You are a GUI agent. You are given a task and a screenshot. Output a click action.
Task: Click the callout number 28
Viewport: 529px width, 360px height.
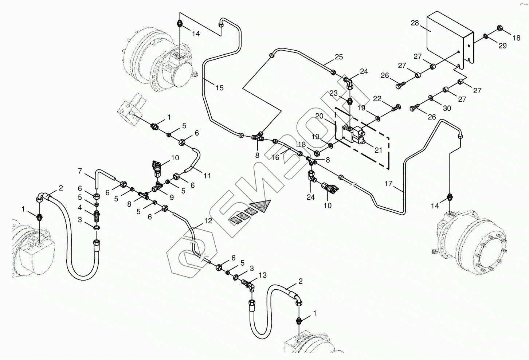point(415,23)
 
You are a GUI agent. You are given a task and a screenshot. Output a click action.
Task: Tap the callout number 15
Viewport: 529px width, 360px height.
point(219,88)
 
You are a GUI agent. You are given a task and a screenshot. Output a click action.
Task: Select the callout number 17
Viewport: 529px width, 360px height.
point(388,184)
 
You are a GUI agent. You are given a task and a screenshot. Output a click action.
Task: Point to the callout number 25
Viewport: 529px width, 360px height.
point(339,57)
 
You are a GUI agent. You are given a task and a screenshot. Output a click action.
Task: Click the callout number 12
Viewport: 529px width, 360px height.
point(208,220)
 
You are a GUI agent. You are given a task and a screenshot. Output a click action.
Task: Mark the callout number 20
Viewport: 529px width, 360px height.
point(319,116)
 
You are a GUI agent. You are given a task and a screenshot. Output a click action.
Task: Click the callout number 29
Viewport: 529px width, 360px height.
point(502,46)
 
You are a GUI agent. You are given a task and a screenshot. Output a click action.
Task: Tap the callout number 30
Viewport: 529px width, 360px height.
point(447,108)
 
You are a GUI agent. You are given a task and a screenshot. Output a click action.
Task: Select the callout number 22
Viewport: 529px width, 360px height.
point(377,99)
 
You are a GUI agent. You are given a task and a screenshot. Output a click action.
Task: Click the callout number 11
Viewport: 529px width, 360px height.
point(207,176)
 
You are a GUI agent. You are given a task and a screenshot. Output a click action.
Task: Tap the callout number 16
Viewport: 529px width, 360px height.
point(275,157)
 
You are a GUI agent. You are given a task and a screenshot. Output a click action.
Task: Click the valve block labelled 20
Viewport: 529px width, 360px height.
point(350,133)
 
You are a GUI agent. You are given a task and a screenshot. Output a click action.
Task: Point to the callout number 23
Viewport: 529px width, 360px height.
point(334,93)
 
